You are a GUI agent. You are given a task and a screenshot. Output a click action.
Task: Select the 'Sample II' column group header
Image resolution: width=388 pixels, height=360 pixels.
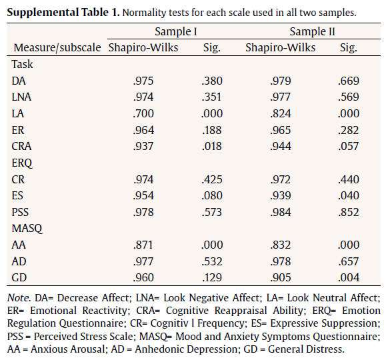pyautogui.click(x=311, y=31)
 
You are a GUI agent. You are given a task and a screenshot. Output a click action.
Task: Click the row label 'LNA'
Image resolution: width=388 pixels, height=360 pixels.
pyautogui.click(x=21, y=97)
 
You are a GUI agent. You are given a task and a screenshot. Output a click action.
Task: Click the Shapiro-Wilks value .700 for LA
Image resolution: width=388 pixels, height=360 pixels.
pyautogui.click(x=144, y=113)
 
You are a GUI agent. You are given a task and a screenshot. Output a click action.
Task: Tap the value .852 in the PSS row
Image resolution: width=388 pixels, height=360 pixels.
pyautogui.click(x=347, y=211)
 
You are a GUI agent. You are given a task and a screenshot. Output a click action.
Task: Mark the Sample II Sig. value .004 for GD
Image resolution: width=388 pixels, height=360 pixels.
pyautogui.click(x=347, y=277)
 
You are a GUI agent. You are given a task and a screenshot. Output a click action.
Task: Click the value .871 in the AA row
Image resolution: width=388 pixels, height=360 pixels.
pyautogui.click(x=144, y=244)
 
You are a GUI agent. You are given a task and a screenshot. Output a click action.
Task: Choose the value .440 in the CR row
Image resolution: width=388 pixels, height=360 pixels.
pyautogui.click(x=347, y=179)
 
